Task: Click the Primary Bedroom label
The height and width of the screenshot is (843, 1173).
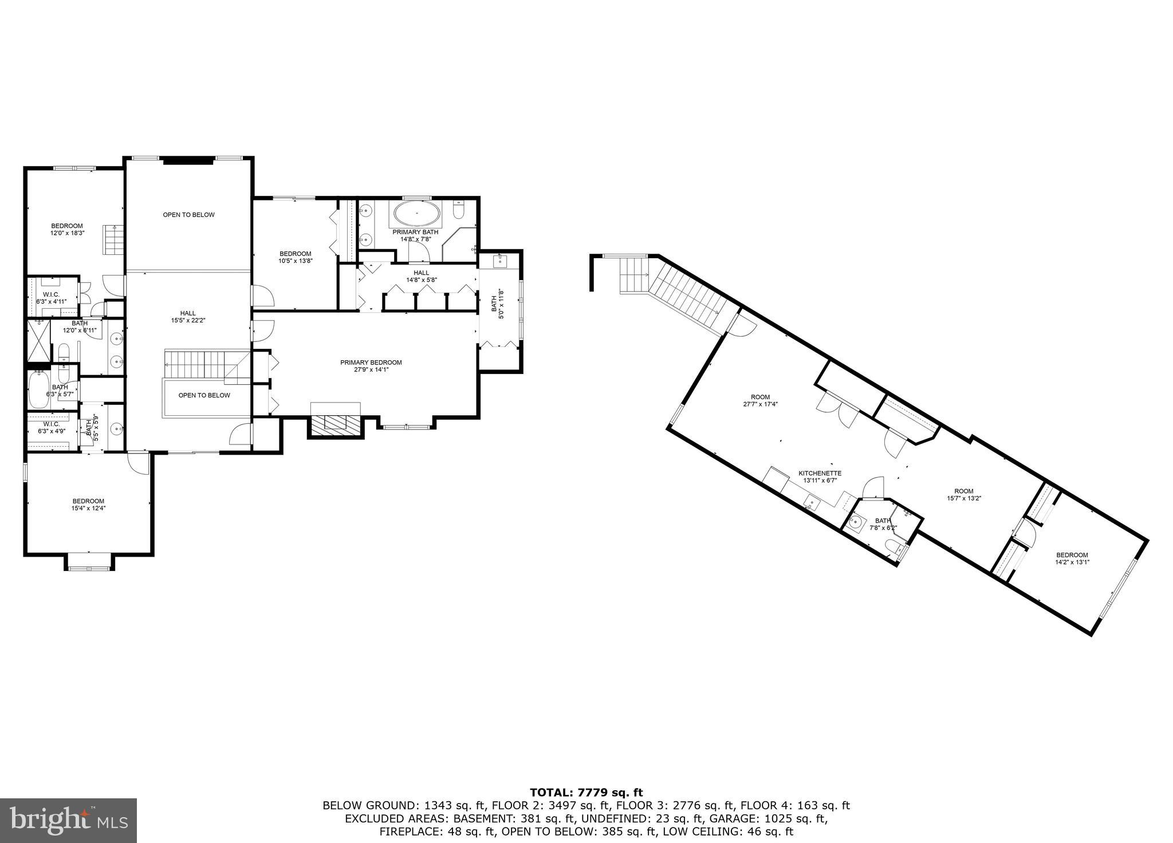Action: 371,366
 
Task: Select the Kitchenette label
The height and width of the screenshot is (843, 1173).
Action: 820,477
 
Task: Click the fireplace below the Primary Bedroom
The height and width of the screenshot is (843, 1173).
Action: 336,423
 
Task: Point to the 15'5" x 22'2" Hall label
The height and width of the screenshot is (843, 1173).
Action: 188,317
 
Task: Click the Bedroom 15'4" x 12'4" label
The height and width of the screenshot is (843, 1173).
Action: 88,504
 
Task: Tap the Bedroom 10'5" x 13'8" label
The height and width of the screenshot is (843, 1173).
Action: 295,257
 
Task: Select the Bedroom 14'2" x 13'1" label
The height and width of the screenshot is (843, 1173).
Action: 1072,558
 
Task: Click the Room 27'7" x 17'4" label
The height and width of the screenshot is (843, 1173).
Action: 761,400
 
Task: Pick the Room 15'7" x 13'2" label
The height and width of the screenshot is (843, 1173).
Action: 964,494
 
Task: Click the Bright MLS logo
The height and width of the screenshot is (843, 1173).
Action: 68,821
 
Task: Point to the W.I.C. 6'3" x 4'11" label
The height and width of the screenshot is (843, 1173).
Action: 51,298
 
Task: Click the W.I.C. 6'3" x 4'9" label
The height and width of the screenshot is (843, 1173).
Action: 51,427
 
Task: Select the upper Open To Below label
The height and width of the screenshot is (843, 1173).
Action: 188,215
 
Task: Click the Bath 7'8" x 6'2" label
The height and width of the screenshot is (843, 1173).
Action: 883,524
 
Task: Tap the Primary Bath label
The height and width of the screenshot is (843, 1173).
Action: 415,235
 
